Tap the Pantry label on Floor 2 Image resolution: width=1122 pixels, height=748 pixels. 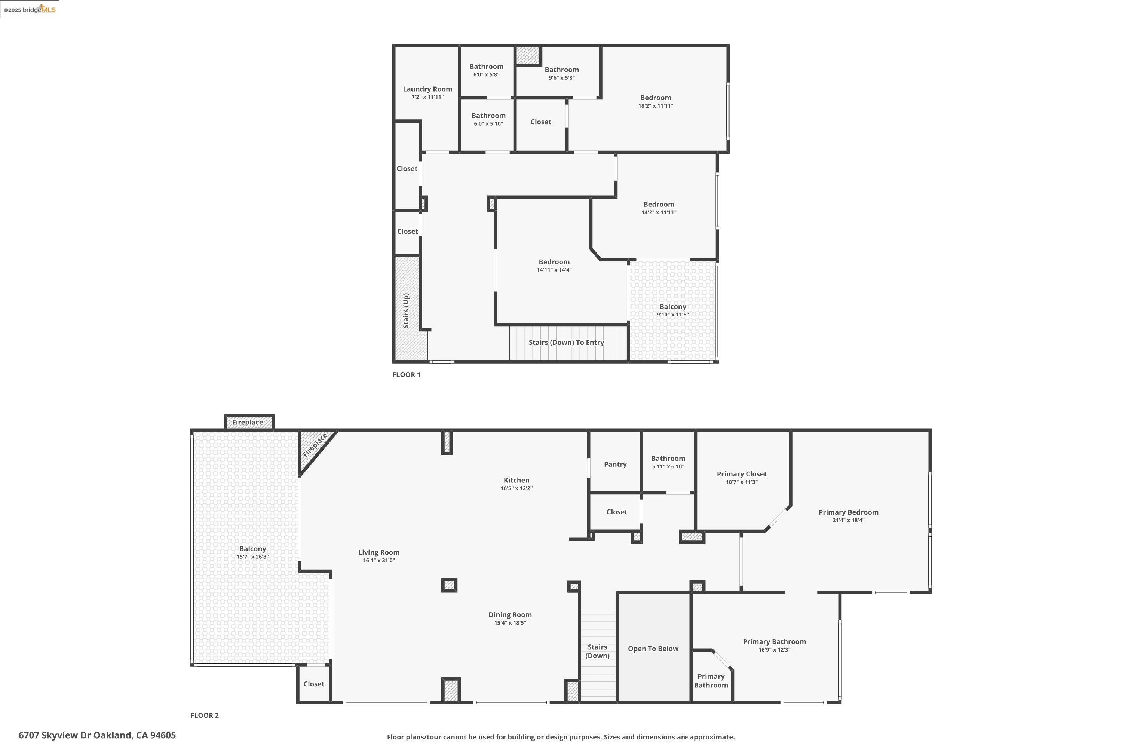click(x=615, y=464)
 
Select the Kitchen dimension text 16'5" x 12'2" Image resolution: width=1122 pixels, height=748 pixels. click(x=516, y=488)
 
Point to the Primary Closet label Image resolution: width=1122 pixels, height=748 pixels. click(x=741, y=474)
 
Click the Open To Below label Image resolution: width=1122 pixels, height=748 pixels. click(x=653, y=649)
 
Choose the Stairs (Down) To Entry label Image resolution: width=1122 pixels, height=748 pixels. click(x=566, y=343)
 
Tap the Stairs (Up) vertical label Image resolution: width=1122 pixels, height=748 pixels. click(x=406, y=310)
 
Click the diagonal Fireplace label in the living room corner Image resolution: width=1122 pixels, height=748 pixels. click(x=315, y=445)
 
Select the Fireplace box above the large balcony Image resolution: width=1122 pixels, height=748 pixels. click(x=248, y=422)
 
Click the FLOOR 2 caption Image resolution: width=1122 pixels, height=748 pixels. click(x=204, y=715)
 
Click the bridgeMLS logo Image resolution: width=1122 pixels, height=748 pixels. click(x=30, y=10)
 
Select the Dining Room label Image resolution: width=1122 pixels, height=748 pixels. click(x=509, y=615)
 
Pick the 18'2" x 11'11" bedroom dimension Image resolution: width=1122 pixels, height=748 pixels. click(x=656, y=106)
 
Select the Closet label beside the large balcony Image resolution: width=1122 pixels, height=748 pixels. click(x=313, y=684)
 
